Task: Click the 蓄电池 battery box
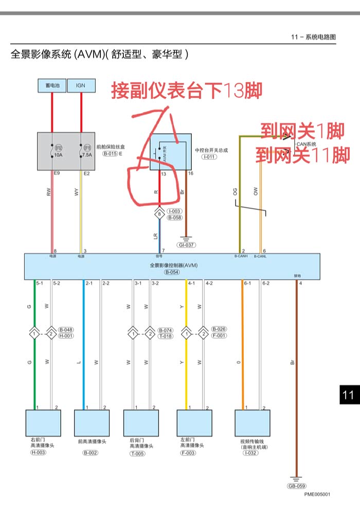(52, 85)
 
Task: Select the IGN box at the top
(81, 85)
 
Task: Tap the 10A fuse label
(58, 154)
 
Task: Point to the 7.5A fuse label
(87, 154)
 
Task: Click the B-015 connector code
(110, 154)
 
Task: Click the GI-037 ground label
(186, 245)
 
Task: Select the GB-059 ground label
(297, 486)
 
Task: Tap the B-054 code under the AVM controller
(172, 272)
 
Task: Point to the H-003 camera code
(38, 452)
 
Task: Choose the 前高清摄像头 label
(92, 441)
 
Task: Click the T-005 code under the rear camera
(137, 453)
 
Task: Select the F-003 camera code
(188, 452)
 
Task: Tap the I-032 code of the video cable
(250, 453)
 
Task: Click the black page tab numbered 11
(348, 395)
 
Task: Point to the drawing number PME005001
(317, 495)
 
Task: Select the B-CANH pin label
(241, 256)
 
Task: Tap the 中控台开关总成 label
(211, 150)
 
